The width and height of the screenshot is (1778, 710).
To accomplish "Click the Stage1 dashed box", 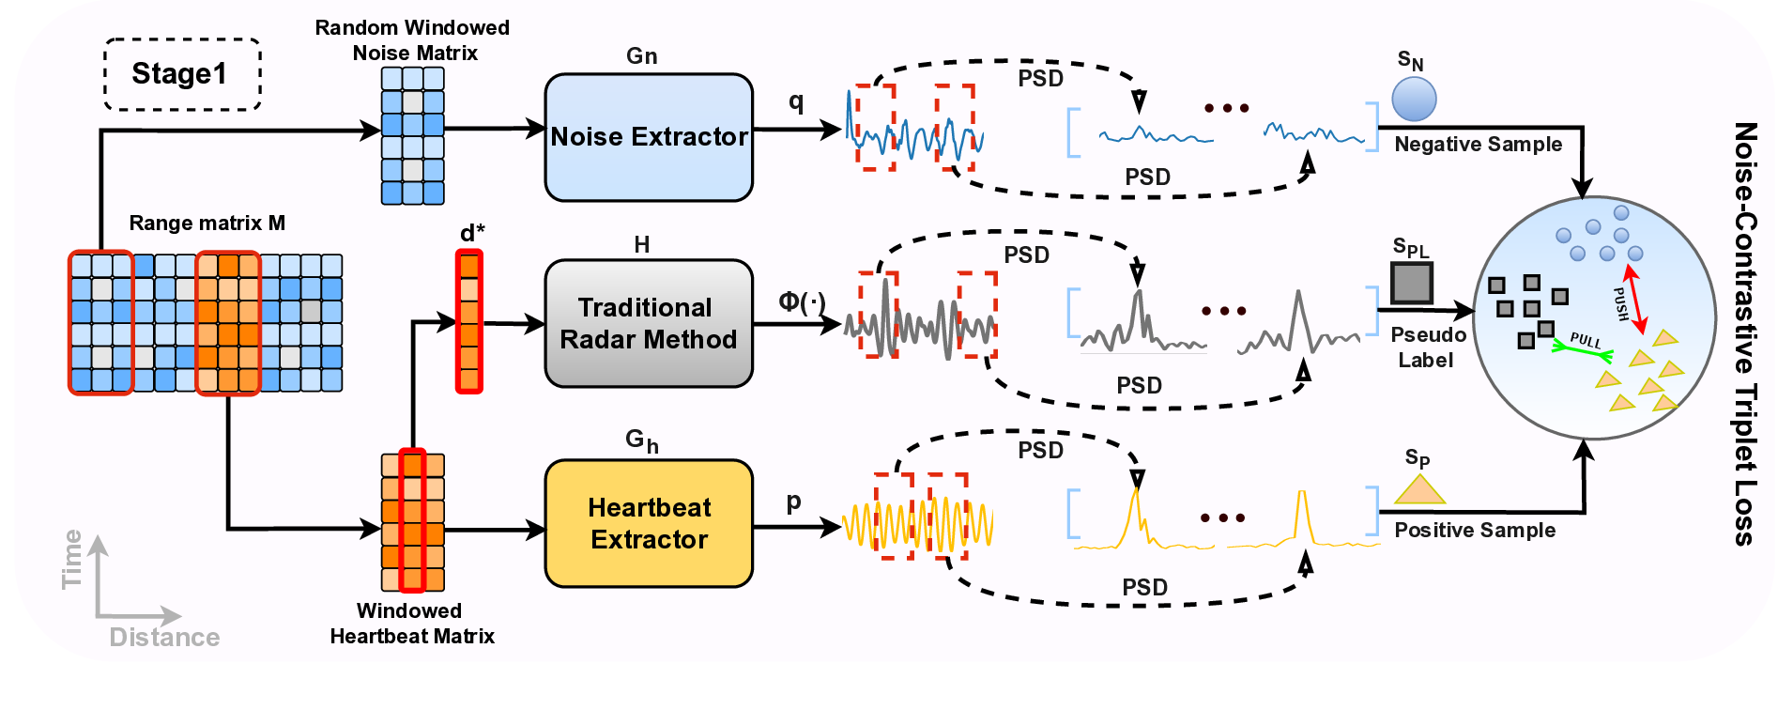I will click(181, 74).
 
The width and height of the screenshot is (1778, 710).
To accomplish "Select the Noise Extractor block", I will click(649, 137).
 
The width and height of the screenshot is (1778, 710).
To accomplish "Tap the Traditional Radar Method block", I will click(649, 323).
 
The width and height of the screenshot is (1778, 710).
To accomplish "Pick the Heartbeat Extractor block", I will click(649, 523).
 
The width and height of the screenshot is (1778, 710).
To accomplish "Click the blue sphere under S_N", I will click(1414, 99).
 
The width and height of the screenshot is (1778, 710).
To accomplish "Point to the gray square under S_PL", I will click(1411, 282).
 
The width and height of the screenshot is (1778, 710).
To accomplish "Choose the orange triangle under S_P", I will click(1419, 490).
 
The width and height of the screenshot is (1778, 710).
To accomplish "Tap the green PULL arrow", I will click(1583, 349).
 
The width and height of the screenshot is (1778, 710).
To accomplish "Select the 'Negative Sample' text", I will click(1478, 145).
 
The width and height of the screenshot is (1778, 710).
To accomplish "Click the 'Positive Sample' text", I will click(1474, 531).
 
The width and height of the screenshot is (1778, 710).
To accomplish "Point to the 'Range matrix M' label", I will click(207, 224).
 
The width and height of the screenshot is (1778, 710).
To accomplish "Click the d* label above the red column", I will click(472, 233).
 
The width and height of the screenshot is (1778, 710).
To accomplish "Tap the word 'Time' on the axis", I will click(72, 560).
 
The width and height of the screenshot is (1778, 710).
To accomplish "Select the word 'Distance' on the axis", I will click(164, 638).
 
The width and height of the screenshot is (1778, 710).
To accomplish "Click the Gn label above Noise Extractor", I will click(641, 56).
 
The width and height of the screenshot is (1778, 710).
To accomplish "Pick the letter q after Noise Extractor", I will click(796, 101).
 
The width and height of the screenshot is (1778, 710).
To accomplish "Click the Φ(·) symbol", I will click(801, 301).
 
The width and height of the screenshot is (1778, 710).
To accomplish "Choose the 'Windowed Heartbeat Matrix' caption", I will click(411, 624).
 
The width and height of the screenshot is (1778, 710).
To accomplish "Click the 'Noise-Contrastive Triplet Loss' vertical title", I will click(1744, 333).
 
